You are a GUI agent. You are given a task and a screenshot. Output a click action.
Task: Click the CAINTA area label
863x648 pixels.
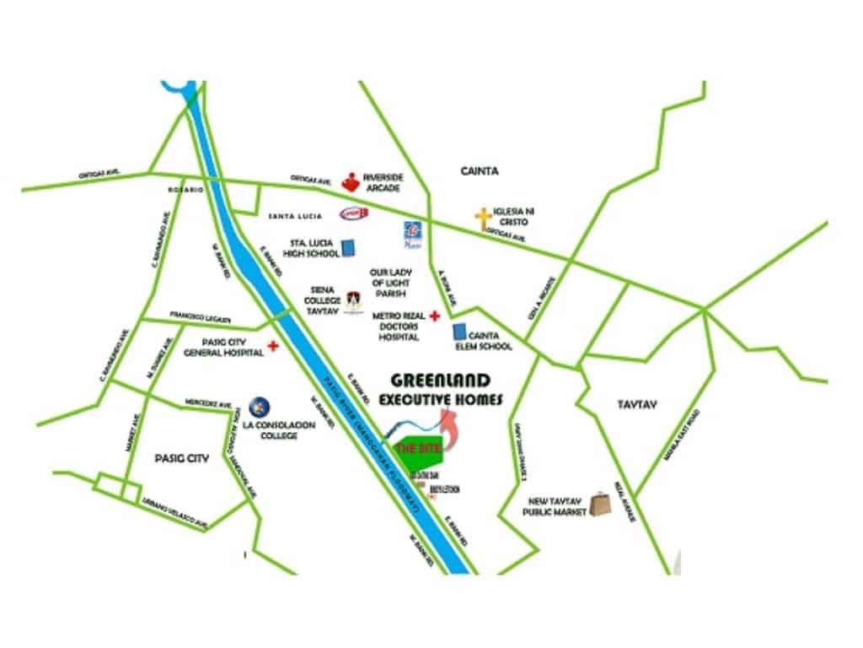pos(480,171)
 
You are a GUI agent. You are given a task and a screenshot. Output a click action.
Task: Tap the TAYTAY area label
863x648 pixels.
pos(637,405)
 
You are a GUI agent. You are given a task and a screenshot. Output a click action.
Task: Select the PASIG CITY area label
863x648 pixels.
pos(181,458)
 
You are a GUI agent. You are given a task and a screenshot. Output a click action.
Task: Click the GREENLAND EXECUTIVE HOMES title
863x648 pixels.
pos(441,389)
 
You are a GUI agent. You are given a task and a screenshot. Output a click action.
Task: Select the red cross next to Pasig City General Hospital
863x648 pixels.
pos(273,346)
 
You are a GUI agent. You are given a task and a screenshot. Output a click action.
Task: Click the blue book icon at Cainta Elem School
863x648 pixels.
pos(460,334)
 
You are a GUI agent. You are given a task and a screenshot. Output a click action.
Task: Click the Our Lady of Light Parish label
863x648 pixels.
pos(389,283)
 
